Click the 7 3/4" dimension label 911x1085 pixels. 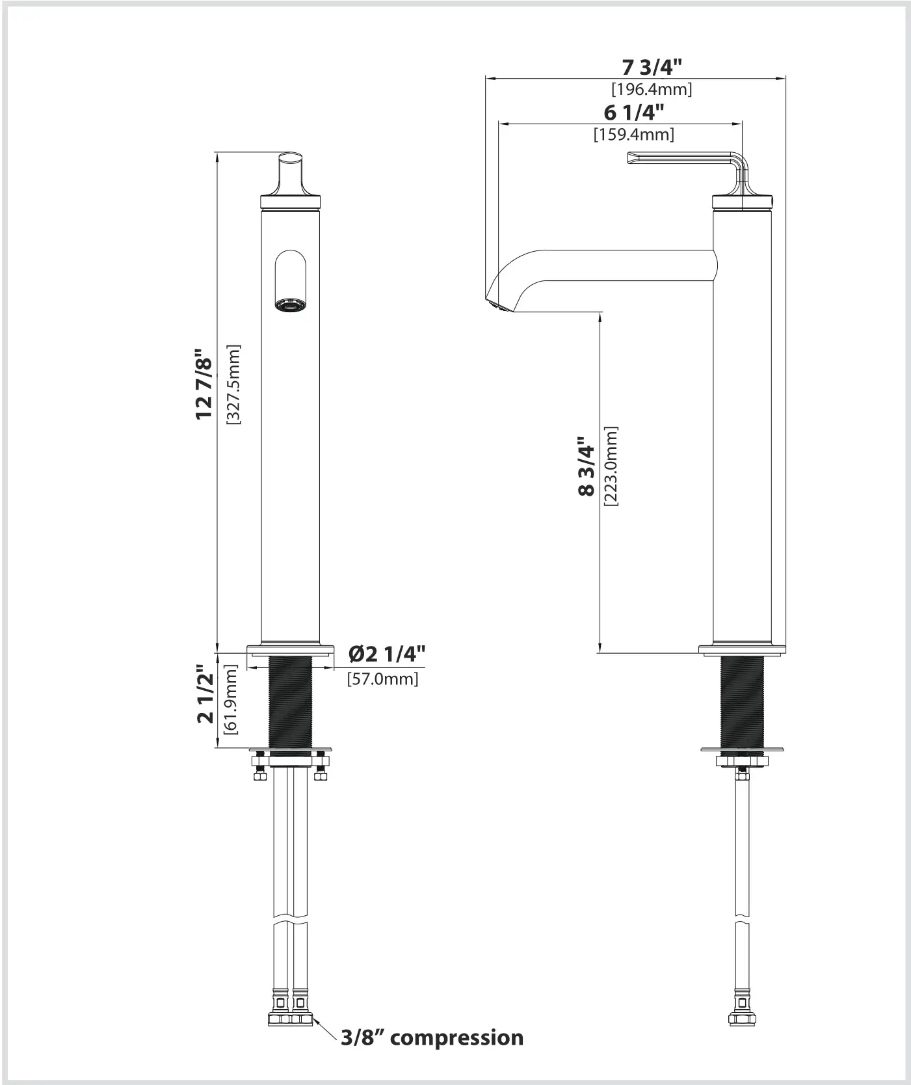click(x=652, y=68)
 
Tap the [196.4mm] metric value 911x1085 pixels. click(x=652, y=89)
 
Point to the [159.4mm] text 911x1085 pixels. click(x=633, y=135)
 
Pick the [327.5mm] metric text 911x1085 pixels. click(x=233, y=384)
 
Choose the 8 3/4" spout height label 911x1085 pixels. click(x=587, y=466)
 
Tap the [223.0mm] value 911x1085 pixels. click(x=611, y=466)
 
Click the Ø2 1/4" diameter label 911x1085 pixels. click(x=386, y=653)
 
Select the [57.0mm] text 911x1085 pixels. click(x=382, y=679)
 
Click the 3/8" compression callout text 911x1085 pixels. click(x=432, y=1037)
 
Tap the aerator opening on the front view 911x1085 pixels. click(x=290, y=305)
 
